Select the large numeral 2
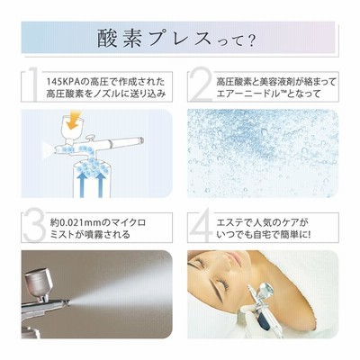[x=202, y=86]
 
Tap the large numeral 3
[x=34, y=227]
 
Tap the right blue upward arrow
[x=101, y=184]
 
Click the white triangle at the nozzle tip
[x=47, y=148]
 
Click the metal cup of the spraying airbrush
[x=39, y=282]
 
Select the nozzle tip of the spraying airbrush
[x=68, y=302]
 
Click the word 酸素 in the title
[x=120, y=40]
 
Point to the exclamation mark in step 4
[x=308, y=234]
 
